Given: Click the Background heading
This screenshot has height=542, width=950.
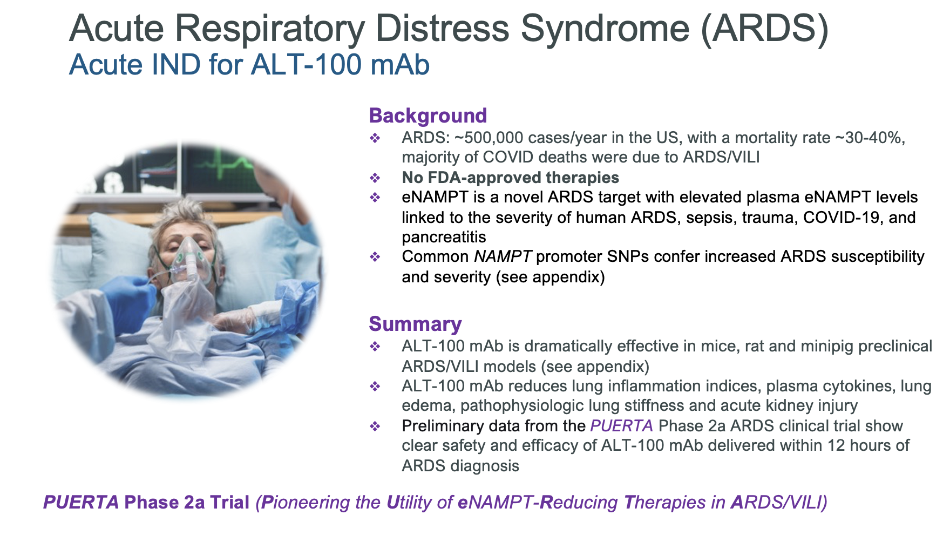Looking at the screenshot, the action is (x=428, y=116).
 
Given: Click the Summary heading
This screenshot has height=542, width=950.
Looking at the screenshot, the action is (x=415, y=324).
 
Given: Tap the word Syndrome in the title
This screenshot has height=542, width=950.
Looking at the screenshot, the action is (x=605, y=29).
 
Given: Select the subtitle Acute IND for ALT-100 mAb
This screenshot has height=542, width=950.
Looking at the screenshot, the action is (x=249, y=65).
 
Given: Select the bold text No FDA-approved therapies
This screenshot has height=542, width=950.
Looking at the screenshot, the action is (x=510, y=178).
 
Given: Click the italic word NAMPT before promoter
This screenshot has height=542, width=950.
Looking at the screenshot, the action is (x=503, y=256).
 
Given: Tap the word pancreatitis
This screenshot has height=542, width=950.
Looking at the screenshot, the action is (x=444, y=238).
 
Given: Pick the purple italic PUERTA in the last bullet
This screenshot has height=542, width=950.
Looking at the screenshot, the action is (x=622, y=426).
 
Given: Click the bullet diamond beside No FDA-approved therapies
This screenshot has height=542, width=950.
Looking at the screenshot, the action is (x=375, y=178).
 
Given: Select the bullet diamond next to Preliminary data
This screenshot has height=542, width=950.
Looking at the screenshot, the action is (x=375, y=426).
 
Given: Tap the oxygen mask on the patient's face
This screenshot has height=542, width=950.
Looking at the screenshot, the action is (x=190, y=259).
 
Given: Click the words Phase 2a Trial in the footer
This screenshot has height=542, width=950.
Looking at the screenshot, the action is (x=187, y=503).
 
